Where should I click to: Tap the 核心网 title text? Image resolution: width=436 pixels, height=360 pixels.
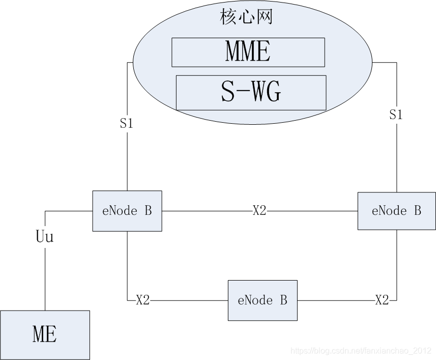[x=247, y=17]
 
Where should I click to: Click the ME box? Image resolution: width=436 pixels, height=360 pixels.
[x=45, y=335]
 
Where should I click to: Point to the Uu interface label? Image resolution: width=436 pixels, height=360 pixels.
[x=45, y=237]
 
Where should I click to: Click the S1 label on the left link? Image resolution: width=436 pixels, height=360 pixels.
[x=126, y=123]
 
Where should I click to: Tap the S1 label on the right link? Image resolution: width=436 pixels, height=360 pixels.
[x=396, y=115]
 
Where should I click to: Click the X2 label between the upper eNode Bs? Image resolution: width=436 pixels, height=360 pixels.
[x=259, y=211]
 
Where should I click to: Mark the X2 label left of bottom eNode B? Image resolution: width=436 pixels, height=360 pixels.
[x=143, y=300]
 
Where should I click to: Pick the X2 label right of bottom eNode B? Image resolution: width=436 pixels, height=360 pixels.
[x=382, y=300]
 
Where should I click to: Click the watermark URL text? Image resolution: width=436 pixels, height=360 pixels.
[x=360, y=350]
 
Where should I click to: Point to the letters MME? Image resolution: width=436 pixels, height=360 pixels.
[x=248, y=52]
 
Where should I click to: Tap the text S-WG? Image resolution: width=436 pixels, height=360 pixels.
[x=251, y=93]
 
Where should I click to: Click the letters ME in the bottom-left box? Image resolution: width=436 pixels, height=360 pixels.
[x=45, y=335]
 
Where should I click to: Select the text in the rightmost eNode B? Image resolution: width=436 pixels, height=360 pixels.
[x=396, y=211]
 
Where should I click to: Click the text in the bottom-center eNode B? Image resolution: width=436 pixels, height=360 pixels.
[x=262, y=300]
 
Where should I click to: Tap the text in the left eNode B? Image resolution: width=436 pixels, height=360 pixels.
[x=127, y=211]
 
